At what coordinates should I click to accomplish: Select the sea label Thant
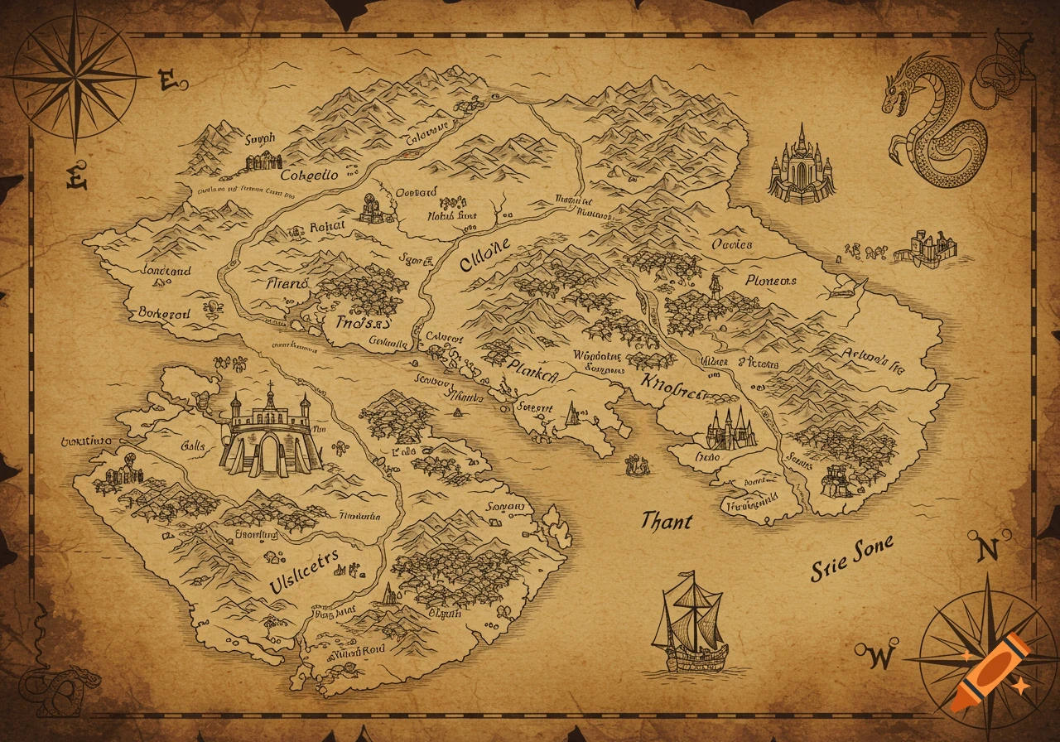click(666, 521)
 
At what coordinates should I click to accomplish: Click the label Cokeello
click(309, 176)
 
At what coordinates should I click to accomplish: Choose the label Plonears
click(770, 282)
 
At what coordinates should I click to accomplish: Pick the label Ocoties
click(732, 244)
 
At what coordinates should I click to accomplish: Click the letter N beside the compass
click(988, 550)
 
